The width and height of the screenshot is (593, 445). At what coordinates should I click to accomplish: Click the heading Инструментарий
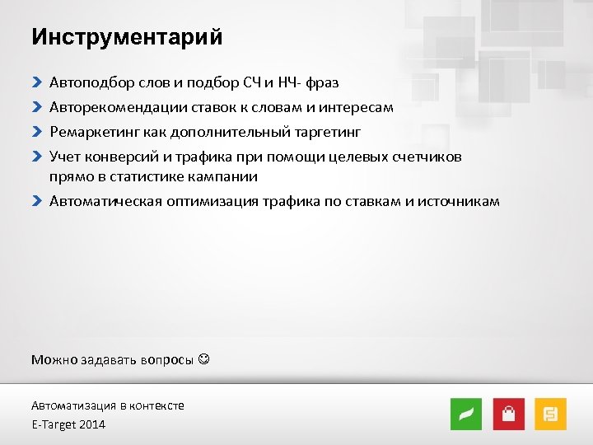tap(127, 38)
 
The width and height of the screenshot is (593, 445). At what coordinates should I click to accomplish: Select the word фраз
tap(322, 82)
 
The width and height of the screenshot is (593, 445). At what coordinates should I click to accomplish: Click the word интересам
tap(360, 107)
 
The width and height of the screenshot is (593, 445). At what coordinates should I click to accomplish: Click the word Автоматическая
tap(102, 201)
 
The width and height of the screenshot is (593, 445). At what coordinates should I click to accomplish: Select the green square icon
tap(466, 414)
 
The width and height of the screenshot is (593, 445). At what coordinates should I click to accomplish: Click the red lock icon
tap(508, 414)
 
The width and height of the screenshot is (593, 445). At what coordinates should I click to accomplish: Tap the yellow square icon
tap(550, 414)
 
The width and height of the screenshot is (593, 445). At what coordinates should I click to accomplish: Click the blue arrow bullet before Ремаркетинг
tap(36, 132)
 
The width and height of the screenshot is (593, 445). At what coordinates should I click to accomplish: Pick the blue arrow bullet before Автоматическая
tap(36, 201)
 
